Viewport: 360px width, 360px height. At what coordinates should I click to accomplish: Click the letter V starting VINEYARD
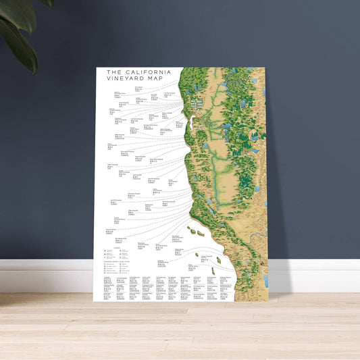pyautogui.click(x=109, y=80)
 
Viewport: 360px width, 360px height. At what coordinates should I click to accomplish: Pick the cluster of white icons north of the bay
pyautogui.click(x=196, y=104)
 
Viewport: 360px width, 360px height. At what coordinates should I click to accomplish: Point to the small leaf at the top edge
pyautogui.click(x=47, y=3)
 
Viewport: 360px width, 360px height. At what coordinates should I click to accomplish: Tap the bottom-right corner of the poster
pyautogui.click(x=268, y=301)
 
